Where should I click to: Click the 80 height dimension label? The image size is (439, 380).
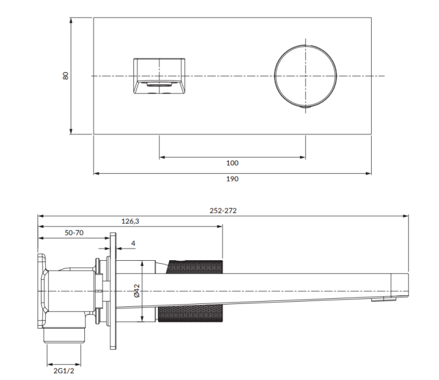tap(66, 75)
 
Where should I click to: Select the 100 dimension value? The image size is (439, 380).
tap(232, 164)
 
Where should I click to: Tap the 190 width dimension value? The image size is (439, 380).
tap(232, 179)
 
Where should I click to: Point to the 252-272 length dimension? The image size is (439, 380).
tap(223, 210)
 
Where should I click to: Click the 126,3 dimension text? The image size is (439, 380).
tap(130, 221)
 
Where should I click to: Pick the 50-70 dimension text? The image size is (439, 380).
tap(74, 232)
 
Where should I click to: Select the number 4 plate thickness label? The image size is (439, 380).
tap(133, 243)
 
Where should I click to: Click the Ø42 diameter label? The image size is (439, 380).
tap(136, 291)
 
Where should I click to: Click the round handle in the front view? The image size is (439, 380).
tap(306, 75)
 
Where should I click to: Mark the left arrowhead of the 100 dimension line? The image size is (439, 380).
tap(161, 157)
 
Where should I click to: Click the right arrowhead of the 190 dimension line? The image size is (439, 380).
tap(369, 172)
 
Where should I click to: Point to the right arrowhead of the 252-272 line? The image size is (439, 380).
tap(406, 216)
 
